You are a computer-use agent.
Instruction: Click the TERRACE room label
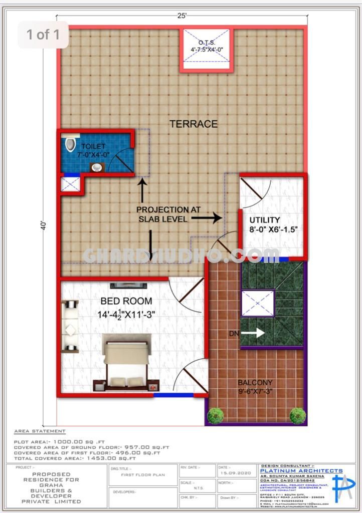coord(193,124)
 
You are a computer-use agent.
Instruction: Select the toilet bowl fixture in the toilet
coord(70,144)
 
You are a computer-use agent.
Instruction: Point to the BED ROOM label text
coord(126,301)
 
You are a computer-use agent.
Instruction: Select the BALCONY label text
coord(256,383)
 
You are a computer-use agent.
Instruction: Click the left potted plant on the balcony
coord(216,415)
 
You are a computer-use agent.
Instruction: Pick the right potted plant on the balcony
coord(297,415)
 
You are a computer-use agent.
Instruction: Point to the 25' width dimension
coord(182,16)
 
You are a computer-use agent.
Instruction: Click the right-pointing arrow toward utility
coord(207,218)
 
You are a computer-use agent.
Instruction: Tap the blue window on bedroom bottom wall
coord(173,395)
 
